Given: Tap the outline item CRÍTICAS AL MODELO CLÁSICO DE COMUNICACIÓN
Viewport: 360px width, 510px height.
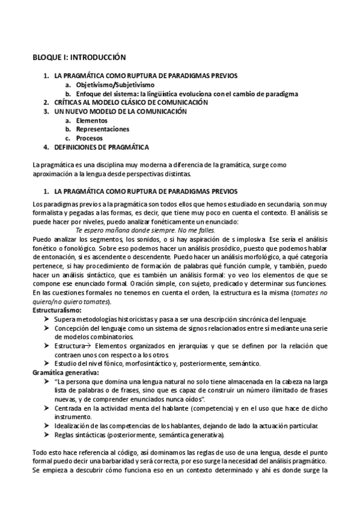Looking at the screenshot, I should click(123, 103).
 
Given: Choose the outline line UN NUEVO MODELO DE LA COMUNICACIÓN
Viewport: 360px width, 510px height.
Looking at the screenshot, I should click(117, 112).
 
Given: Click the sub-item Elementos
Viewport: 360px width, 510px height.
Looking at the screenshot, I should click(87, 120).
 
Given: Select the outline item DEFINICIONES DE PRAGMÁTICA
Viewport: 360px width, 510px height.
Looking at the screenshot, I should click(102, 147).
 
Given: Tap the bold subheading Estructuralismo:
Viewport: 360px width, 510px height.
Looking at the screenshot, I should click(57, 310).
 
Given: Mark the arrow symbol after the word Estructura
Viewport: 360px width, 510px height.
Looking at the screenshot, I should click(84, 346).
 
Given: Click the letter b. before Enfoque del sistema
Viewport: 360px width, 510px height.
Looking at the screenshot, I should click(69, 94).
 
